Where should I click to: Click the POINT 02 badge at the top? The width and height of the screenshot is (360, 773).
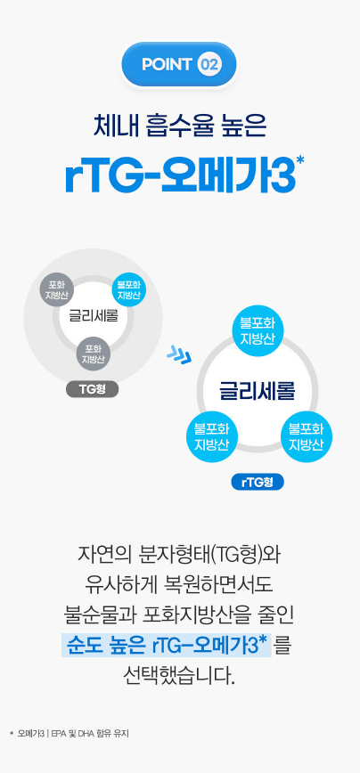(179, 65)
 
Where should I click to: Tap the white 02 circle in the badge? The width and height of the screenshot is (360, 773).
(209, 65)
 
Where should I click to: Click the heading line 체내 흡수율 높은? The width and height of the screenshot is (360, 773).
(180, 126)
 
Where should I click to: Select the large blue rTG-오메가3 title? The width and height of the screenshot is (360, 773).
(181, 176)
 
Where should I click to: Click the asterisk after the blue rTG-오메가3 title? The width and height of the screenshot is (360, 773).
(300, 161)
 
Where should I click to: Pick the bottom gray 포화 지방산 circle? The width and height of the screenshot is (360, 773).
(93, 354)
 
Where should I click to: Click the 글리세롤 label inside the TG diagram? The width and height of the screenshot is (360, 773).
(94, 315)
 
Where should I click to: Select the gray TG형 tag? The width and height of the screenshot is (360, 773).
(92, 390)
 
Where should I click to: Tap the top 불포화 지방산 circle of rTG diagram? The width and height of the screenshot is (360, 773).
(257, 331)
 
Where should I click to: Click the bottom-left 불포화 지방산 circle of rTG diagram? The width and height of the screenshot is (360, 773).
(212, 436)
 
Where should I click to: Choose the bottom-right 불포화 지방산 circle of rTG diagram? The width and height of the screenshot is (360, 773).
(307, 436)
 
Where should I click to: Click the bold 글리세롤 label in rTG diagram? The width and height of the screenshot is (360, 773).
(257, 392)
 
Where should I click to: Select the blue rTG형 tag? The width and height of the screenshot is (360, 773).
(258, 482)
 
